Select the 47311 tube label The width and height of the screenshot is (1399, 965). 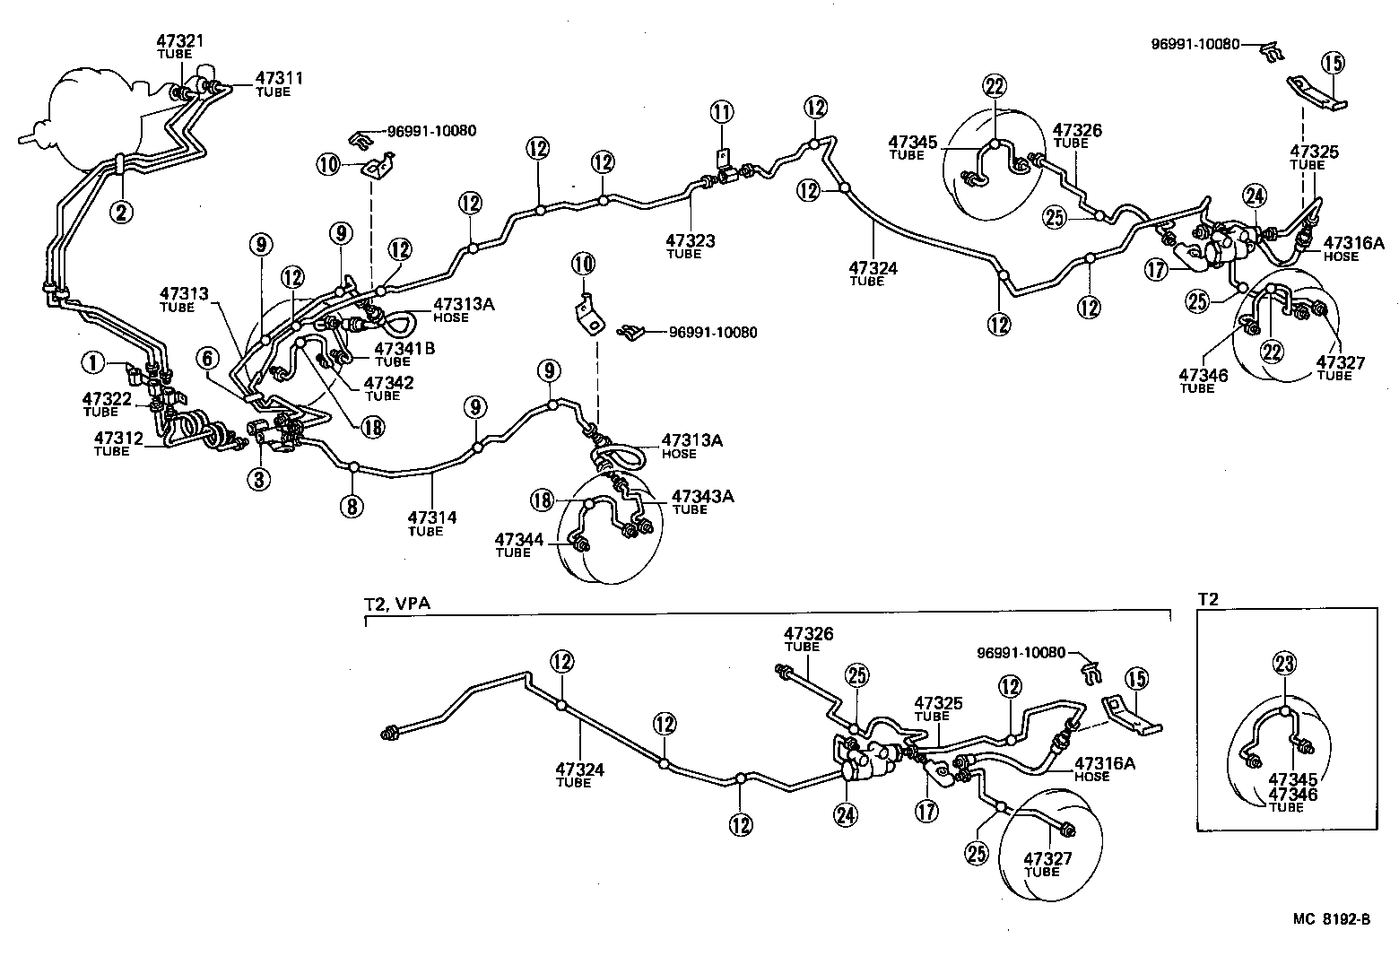[279, 79]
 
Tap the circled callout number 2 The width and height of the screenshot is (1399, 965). [121, 212]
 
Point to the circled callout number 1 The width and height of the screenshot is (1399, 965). [91, 362]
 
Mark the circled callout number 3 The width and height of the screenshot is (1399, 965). [258, 480]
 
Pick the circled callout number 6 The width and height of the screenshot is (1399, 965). [207, 359]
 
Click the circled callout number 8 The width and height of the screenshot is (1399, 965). [352, 506]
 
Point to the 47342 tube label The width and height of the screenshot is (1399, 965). [387, 383]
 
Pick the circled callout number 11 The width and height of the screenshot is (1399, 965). [722, 112]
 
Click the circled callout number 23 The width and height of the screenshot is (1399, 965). [1284, 665]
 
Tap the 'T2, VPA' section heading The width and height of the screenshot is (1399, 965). [397, 604]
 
